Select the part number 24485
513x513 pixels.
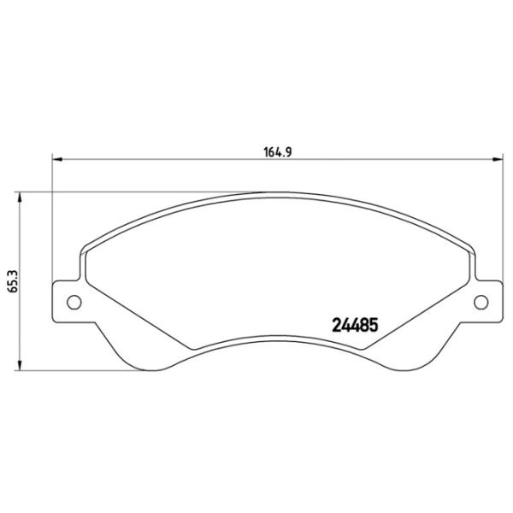point(353,326)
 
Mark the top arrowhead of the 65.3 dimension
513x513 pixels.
point(21,196)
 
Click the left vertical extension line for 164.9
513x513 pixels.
point(53,222)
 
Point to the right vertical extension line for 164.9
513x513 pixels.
point(501,222)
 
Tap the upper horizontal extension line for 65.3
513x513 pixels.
point(128,191)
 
